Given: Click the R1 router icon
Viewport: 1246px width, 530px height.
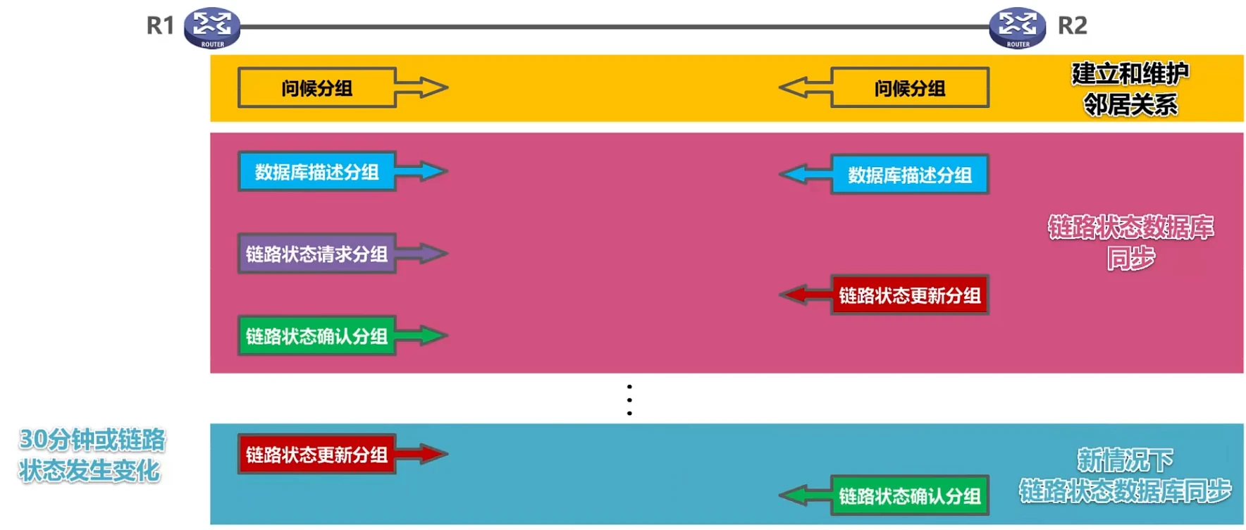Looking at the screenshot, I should [x=211, y=27].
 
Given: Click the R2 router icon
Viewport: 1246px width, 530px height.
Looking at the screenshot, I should [x=1017, y=27].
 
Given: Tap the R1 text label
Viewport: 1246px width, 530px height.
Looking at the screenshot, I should [x=160, y=26].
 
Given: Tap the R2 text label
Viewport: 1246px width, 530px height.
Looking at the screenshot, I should [x=1072, y=26].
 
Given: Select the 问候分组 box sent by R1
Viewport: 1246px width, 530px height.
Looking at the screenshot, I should [x=316, y=88].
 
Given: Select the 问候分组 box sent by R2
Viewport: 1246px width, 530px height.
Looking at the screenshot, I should [x=909, y=88].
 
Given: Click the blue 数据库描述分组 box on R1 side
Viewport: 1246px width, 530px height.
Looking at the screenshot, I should [x=316, y=171].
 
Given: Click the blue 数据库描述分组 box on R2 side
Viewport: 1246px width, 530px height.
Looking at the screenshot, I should [x=909, y=175].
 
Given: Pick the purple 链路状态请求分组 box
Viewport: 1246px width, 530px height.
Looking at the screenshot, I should [x=316, y=254].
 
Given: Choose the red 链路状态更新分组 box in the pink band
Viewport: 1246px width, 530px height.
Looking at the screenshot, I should [x=909, y=295].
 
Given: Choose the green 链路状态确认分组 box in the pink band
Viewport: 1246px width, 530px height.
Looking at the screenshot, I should [x=316, y=336].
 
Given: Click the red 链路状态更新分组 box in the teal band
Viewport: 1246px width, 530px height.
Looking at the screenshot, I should [x=316, y=455].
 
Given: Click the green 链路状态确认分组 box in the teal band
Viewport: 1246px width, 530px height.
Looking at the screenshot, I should [x=909, y=496].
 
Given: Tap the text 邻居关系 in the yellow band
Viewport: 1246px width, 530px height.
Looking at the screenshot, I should [x=1130, y=105].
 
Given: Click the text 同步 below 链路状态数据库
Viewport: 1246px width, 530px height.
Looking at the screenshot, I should [x=1130, y=259].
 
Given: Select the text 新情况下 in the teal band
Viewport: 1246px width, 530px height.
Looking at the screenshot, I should [x=1125, y=460].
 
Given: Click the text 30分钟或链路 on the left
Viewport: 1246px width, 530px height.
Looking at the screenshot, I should [x=92, y=440].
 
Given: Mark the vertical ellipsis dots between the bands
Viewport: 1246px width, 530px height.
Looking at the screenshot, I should [x=629, y=400].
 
